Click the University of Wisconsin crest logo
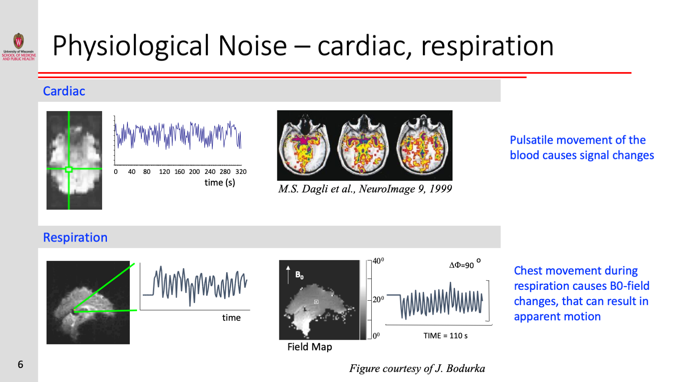pos(19,41)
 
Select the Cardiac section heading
pos(64,91)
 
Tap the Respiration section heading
pos(75,237)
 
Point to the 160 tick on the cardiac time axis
pos(180,171)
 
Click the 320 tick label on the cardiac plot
pos(241,171)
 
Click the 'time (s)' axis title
pos(220,182)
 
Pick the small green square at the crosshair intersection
pos(69,169)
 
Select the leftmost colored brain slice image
pos(305,146)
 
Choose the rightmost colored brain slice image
pos(423,146)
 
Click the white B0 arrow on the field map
pos(288,275)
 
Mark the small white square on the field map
pos(316,301)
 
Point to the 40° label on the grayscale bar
pos(378,261)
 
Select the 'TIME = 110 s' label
pos(445,336)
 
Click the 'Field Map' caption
pos(309,347)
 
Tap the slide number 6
pos(20,364)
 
